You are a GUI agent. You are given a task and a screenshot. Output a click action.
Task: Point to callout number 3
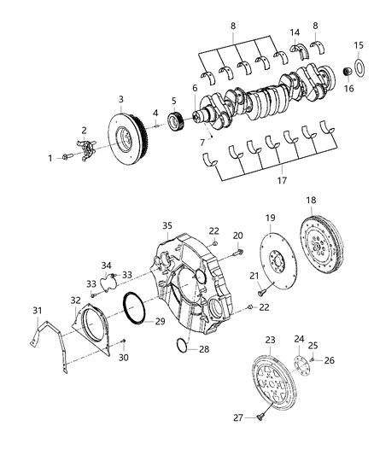coord(121,99)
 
